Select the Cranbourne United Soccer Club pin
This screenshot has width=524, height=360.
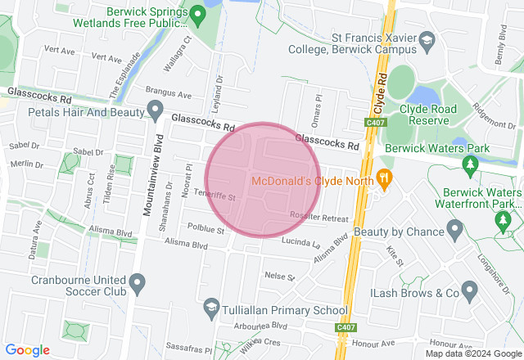coord(137,283)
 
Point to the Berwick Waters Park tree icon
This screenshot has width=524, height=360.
coord(470,166)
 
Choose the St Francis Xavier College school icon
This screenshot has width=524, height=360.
coord(426,39)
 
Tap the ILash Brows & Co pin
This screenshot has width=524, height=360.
coord(469,290)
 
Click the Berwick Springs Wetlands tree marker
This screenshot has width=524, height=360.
coord(197,14)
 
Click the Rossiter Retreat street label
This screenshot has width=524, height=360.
coord(318,216)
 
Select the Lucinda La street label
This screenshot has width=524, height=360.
coord(300,242)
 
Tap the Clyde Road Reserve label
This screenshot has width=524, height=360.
coord(423,114)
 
